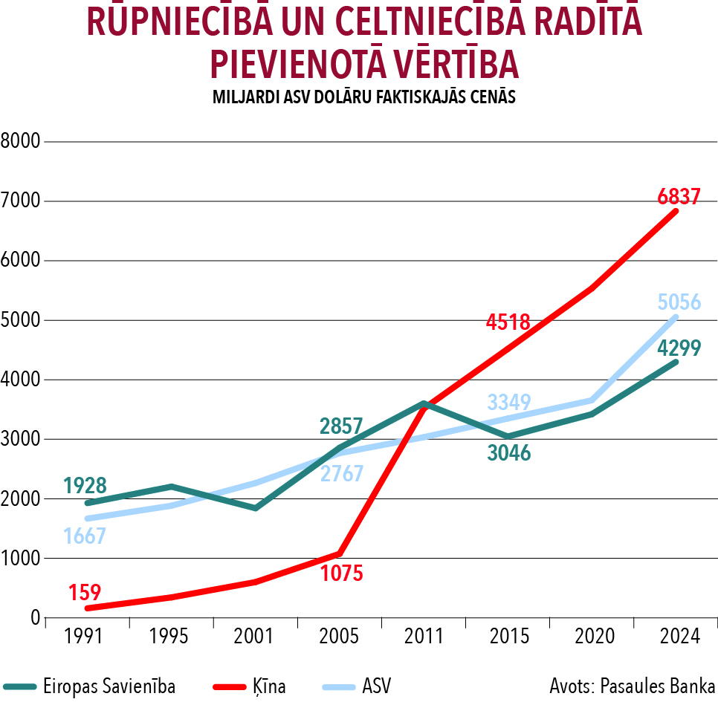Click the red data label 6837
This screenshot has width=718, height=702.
point(679,197)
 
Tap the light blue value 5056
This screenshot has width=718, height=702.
point(679,302)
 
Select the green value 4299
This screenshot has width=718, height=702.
point(679,348)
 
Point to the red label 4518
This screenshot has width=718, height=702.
point(508,322)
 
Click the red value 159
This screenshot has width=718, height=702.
point(85,593)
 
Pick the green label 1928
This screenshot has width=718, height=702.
point(85,486)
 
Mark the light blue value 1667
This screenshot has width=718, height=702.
point(85,536)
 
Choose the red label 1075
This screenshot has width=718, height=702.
point(341,573)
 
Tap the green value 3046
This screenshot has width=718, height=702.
point(509,453)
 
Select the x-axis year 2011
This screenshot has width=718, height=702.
point(423,637)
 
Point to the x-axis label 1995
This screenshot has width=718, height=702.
point(169,637)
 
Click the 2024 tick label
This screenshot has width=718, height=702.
point(679,637)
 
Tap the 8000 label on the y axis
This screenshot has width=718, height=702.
point(20,141)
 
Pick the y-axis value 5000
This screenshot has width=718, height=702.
point(20,320)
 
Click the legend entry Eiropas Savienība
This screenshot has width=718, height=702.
point(109,686)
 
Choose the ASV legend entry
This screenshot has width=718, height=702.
point(376,686)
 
